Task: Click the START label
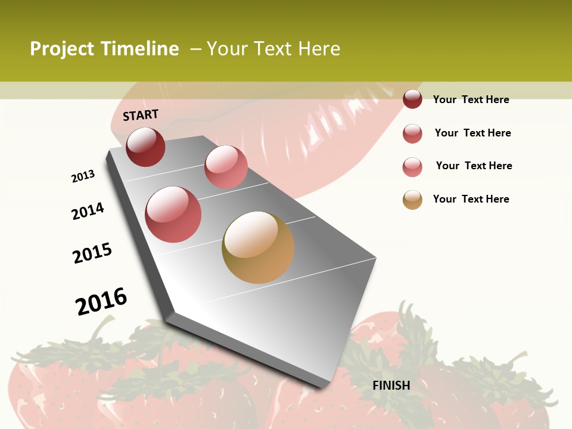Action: (x=141, y=115)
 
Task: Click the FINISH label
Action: (x=391, y=386)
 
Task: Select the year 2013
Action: (x=83, y=176)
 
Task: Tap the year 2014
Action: (x=88, y=211)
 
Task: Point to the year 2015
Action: (x=92, y=253)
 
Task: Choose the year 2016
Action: (x=101, y=301)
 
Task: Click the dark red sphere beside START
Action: (x=145, y=147)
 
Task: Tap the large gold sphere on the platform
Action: (x=258, y=247)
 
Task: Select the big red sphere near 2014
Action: (x=173, y=214)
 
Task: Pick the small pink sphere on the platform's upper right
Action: (x=226, y=167)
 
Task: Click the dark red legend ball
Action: (x=412, y=99)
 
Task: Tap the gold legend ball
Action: (x=412, y=200)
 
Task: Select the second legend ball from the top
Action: (x=412, y=133)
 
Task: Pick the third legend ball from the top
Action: (x=412, y=167)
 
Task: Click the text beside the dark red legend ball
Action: (x=471, y=100)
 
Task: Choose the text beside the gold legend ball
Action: (x=471, y=199)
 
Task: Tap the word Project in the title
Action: (x=63, y=49)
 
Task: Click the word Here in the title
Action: (x=319, y=49)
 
